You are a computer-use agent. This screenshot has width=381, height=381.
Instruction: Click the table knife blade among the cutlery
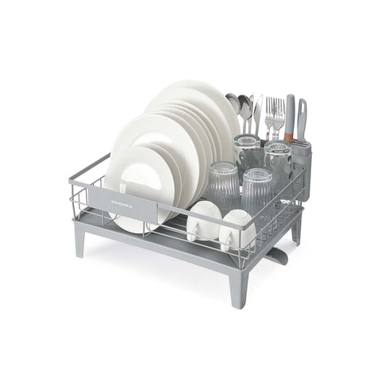(x=258, y=111)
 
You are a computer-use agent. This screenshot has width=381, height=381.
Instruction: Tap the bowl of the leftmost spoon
(x=232, y=101)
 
